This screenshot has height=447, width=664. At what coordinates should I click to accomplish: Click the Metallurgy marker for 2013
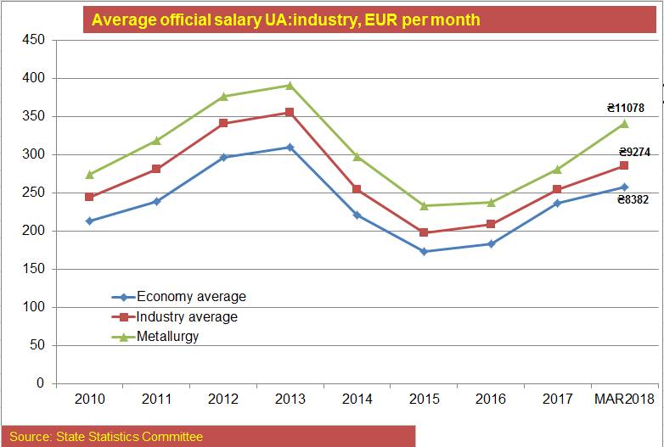290,85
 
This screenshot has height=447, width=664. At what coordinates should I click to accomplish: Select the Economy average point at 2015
424,251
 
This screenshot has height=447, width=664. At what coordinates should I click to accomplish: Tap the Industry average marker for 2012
223,123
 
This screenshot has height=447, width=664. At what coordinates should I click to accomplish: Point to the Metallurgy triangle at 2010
90,174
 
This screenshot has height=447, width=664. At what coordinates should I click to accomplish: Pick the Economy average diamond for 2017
557,203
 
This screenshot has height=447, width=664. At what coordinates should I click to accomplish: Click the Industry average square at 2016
491,224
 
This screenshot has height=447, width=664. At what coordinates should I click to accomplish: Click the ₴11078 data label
625,108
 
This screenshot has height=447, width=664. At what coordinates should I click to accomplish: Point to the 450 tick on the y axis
33,40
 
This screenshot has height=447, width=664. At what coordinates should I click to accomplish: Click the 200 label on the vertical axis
33,231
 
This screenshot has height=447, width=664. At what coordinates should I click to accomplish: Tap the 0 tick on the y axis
39,383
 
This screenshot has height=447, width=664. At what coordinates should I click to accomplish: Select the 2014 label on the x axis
357,399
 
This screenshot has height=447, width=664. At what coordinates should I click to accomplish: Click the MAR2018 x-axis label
624,399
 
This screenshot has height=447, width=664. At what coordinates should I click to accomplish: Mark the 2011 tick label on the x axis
156,399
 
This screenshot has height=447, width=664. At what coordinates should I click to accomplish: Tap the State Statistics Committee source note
106,437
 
